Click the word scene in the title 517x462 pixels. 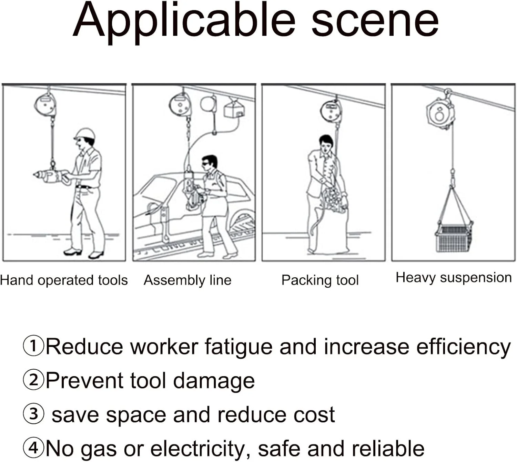pos(375,23)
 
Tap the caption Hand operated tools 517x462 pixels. pos(64,280)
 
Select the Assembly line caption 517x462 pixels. pos(187,280)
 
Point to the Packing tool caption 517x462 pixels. pos(320,280)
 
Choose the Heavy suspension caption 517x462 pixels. pos(454,278)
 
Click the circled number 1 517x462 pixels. pos(33,346)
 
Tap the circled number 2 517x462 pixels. pos(33,380)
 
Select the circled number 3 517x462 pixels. pos(33,414)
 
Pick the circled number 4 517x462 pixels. pos(33,448)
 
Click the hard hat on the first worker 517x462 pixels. pos(85,134)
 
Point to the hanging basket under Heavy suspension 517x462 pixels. pos(454,237)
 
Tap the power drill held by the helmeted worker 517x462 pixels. pos(51,175)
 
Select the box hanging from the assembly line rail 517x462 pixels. pos(234,109)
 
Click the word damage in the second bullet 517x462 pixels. pos(214,381)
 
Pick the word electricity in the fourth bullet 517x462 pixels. pos(198,449)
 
